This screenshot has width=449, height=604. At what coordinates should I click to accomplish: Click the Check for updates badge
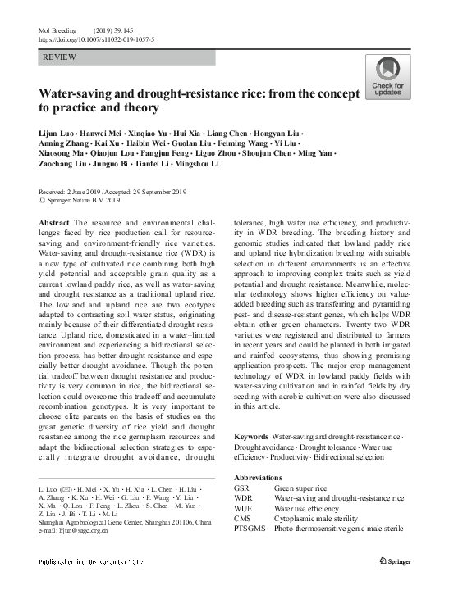[387, 79]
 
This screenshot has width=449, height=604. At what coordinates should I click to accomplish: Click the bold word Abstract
[54, 221]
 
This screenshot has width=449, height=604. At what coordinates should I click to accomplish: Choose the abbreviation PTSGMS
[249, 529]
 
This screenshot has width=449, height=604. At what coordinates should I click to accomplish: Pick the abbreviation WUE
[244, 508]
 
